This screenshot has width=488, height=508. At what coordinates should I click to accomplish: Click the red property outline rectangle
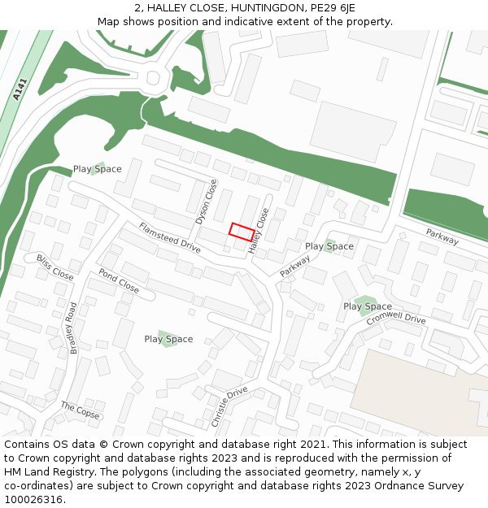[242, 232]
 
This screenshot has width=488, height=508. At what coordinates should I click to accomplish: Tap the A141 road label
[20, 89]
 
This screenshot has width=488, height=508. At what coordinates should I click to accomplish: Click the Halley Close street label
[259, 232]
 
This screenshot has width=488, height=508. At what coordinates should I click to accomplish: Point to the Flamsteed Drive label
[168, 237]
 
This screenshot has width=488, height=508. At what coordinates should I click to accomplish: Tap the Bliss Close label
[54, 267]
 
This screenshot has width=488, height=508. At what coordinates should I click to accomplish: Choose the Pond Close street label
[119, 280]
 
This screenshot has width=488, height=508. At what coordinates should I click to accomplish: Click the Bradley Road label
[73, 328]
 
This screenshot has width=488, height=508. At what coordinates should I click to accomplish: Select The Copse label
[80, 410]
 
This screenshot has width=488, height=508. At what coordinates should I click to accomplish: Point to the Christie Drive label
[229, 407]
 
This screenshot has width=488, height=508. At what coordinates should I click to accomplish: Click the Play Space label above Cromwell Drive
[368, 306]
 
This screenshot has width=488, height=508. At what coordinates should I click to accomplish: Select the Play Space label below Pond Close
[168, 339]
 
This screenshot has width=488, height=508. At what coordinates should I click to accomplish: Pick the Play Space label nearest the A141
[97, 169]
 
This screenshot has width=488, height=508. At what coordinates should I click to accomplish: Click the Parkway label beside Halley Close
[295, 267]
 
